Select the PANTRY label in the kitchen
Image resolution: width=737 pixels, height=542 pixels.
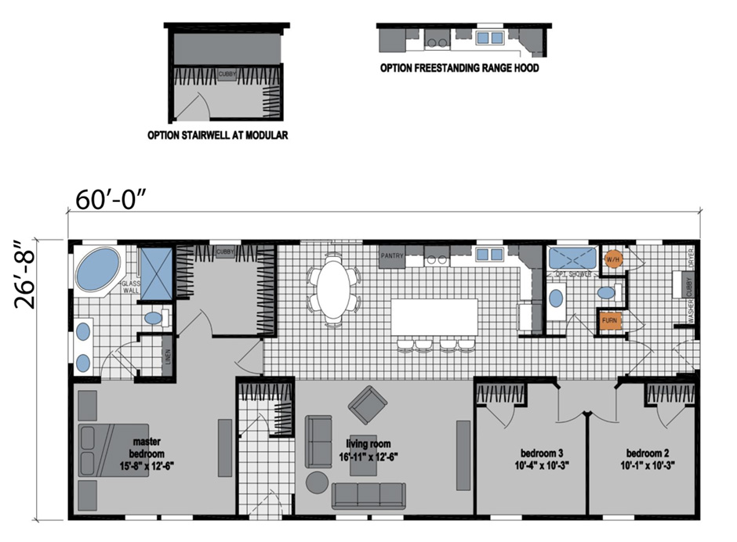point(391,256)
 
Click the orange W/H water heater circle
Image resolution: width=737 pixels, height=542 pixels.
point(612,258)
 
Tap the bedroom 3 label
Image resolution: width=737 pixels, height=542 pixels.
point(542,459)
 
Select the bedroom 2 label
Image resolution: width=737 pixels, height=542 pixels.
point(647,459)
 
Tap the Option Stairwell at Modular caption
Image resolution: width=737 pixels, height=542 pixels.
point(218,135)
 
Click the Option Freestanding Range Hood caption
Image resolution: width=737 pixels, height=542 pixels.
point(459,68)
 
